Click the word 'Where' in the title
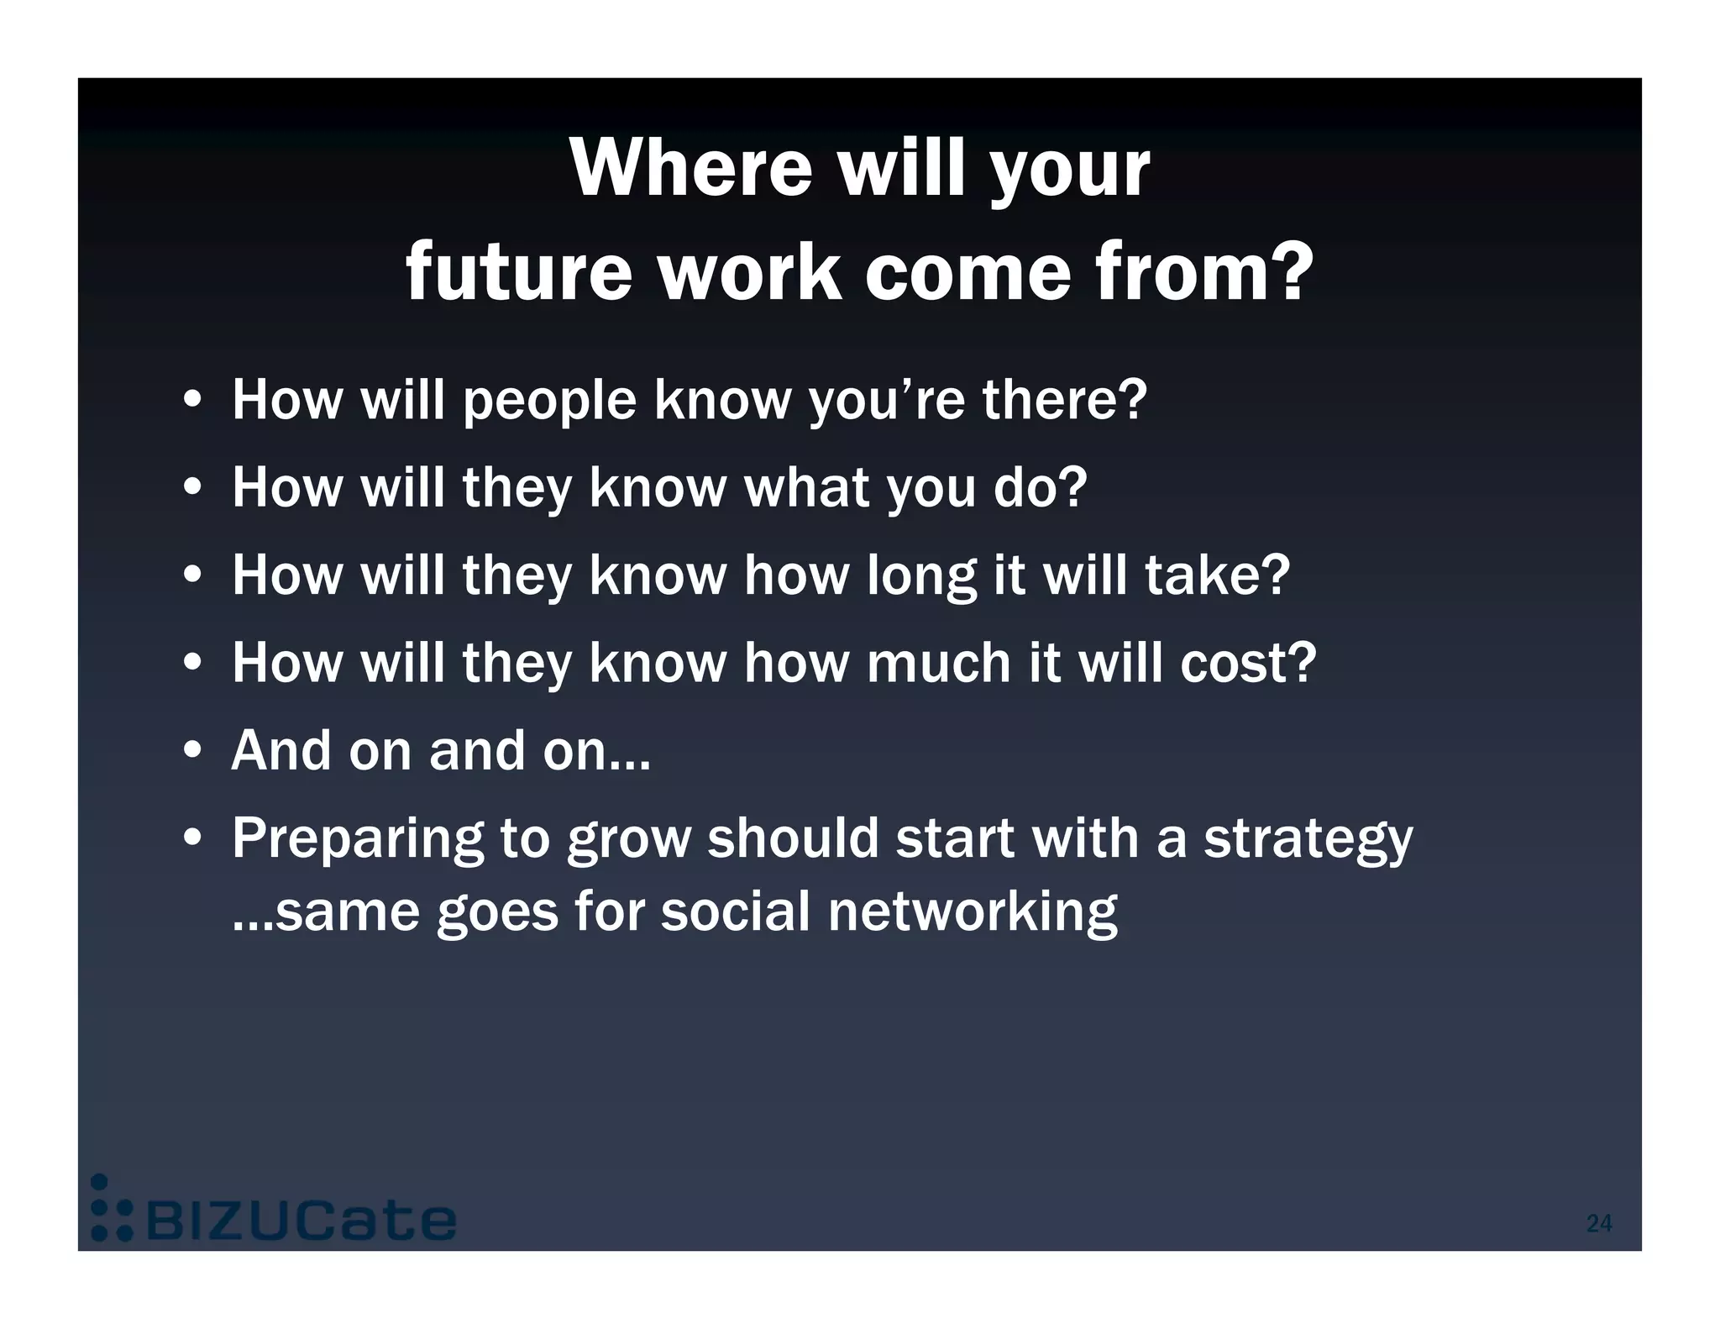(691, 168)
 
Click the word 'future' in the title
(517, 272)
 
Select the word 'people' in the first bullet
(550, 401)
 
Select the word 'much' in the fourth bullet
(938, 663)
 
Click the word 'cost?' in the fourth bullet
(1248, 663)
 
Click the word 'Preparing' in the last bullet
(357, 840)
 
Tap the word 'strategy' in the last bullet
(1308, 840)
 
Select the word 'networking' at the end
(972, 912)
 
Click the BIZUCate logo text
(302, 1221)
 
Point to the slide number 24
(1598, 1223)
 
